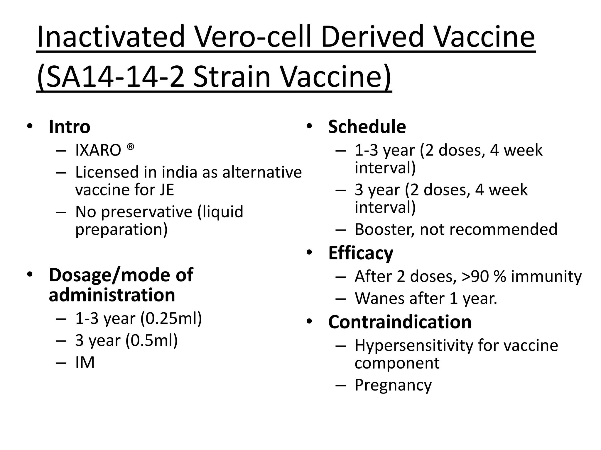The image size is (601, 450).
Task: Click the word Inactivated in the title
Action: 110,37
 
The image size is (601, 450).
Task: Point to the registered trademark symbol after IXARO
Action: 131,146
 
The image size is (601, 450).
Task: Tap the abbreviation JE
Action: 167,190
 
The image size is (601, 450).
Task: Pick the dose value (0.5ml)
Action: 151,340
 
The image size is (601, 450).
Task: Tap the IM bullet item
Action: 85,362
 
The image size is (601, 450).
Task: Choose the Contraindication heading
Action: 400,322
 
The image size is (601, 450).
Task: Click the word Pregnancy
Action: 393,385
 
